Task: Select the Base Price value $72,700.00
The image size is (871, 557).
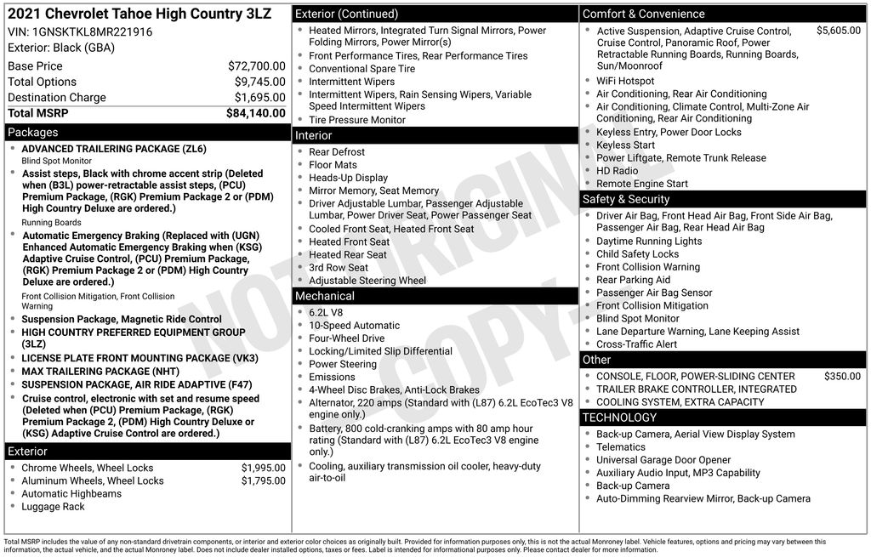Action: (x=256, y=66)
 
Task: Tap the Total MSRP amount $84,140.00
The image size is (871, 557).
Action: (x=255, y=113)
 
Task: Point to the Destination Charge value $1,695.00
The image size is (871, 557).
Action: (x=256, y=98)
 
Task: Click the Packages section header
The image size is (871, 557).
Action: (x=33, y=133)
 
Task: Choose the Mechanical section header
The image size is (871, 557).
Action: (x=324, y=296)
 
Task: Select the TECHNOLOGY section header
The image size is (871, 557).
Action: (x=619, y=418)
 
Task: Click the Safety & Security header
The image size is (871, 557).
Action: (x=626, y=199)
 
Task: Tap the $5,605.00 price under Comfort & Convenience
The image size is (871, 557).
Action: (x=838, y=31)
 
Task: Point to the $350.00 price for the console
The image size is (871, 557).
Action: (x=842, y=376)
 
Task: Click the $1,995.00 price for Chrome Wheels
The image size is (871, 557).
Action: (x=263, y=468)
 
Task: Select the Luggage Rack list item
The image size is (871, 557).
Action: (x=53, y=507)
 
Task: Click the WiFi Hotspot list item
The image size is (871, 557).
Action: (x=625, y=81)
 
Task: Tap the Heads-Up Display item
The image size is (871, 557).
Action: (x=348, y=178)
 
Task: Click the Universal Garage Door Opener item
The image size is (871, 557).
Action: (x=663, y=460)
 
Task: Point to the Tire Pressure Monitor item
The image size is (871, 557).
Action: (x=357, y=120)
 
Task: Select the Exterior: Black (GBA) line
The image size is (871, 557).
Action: (x=61, y=48)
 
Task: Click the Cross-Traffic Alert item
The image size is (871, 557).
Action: (x=636, y=344)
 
